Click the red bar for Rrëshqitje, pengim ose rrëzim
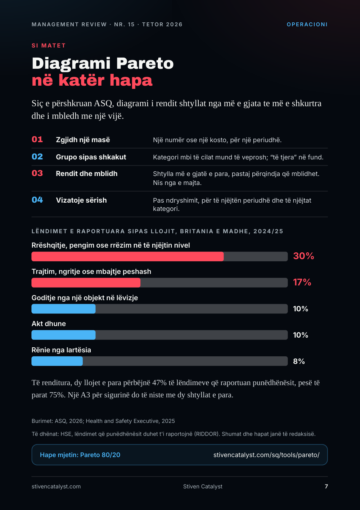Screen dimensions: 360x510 pos(127,256)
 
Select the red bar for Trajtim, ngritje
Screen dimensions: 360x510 pos(86,283)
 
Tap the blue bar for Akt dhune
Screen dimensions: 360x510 pos(63,335)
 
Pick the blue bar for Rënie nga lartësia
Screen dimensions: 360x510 pos(57,361)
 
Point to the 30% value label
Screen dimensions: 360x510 pos(303,256)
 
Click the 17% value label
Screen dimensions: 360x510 pos(302,282)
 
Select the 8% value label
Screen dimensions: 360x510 pos(299,361)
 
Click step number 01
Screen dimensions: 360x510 pos(37,139)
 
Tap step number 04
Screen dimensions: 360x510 pos(37,200)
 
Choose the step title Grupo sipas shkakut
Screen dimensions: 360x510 pos(91,157)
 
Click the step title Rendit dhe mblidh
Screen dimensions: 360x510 pos(86,174)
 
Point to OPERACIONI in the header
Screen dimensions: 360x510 pos(307,24)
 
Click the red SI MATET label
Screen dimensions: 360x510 pos(49,46)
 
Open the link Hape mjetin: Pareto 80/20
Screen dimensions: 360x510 pos(80,455)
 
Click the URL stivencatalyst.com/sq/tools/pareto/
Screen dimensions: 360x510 pos(266,455)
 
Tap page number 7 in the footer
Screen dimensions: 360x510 pos(326,487)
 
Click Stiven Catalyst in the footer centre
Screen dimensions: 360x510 pos(203,487)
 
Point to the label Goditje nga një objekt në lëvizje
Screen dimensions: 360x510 pos(85,298)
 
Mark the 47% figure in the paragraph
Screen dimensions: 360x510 pos(159,383)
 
